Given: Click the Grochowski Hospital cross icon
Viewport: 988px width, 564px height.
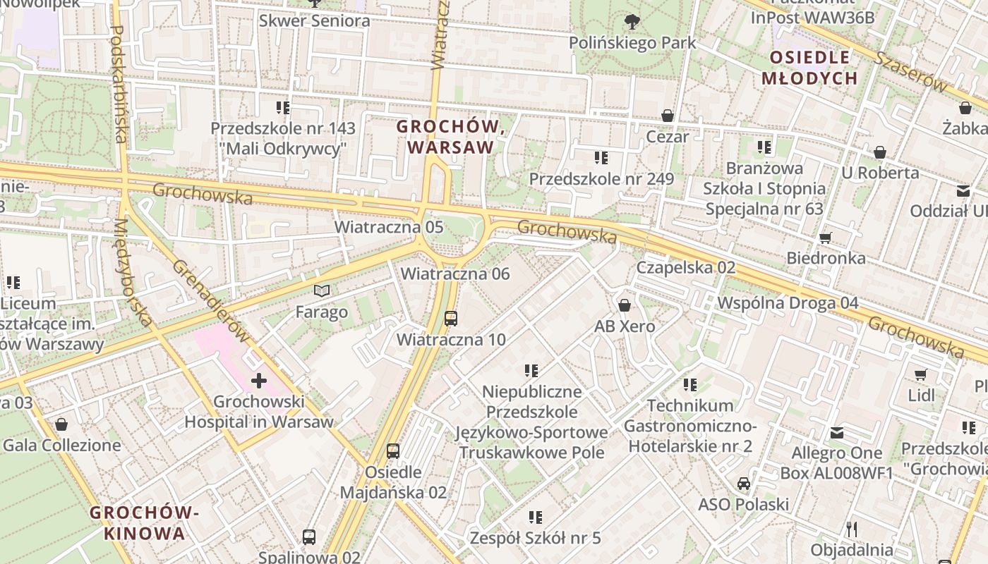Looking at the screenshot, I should coord(259,381).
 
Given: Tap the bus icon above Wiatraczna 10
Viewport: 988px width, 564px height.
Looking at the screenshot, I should coord(451,319).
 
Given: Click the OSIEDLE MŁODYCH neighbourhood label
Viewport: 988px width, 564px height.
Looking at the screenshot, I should coord(809,68).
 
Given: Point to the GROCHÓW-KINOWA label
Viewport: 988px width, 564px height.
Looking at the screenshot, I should coord(145,522).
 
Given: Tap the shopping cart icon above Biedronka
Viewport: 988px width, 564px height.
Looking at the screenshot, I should coord(825,238).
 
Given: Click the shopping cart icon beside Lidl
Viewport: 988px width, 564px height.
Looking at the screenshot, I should coord(920,374).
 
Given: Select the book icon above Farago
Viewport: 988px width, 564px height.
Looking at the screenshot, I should coord(322,290).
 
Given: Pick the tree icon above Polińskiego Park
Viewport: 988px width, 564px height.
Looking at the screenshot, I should coord(632,22).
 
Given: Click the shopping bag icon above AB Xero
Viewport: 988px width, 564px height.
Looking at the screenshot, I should coord(624,305).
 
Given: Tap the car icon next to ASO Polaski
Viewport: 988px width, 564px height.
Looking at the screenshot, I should coord(743,484).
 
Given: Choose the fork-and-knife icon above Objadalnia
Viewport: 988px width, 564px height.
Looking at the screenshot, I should coord(852,528).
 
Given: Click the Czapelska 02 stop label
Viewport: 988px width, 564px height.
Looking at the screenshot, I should coord(685,267).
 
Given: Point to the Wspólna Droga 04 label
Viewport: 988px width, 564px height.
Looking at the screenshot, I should coord(788,302).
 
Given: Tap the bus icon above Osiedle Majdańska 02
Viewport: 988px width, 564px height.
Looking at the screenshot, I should coord(393,451).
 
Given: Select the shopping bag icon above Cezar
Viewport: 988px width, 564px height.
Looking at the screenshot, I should coord(667,116).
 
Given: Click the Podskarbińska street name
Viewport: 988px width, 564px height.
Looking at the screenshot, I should coord(118,85).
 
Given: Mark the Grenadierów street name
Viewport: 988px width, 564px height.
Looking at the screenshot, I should coord(210,302).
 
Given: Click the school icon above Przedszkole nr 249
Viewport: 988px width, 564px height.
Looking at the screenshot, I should coord(601,158).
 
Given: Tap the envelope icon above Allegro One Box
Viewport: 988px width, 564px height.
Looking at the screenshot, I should coord(836,432).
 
